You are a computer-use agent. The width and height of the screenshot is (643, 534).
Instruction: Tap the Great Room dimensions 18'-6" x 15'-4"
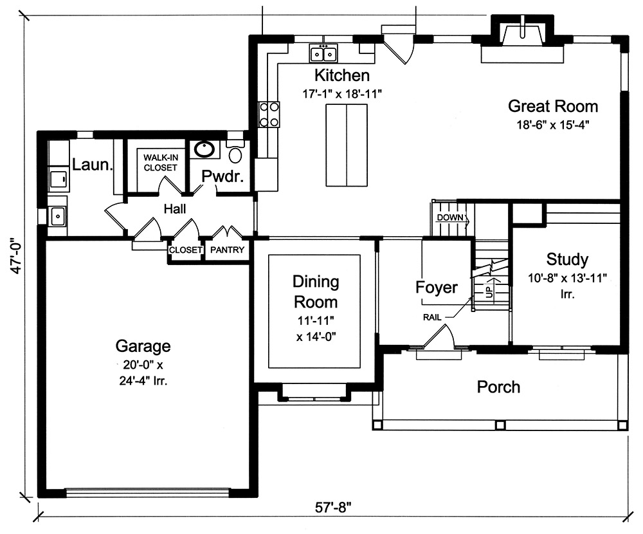pos(553,125)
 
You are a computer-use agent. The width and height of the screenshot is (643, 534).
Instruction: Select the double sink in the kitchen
pos(323,53)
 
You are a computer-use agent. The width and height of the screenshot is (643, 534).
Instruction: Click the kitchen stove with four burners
pos(269,115)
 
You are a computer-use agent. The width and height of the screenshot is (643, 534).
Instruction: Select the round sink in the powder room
pos(205,150)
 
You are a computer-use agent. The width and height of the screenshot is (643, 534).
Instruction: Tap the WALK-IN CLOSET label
pos(160,162)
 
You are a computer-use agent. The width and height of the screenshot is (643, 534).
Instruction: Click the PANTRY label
pos(228,250)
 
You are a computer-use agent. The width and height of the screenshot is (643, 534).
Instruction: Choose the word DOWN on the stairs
pos(449,217)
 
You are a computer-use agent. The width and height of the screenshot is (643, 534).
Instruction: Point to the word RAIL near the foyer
pos(432,317)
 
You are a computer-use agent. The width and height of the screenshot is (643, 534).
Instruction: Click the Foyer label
pos(437,288)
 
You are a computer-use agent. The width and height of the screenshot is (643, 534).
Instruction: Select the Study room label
pos(566,259)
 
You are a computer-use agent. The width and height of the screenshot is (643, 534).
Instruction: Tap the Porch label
pos(498,387)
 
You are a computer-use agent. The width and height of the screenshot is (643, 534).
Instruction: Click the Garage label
pos(143,346)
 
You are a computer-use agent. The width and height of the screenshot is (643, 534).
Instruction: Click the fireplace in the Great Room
pos(522,36)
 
